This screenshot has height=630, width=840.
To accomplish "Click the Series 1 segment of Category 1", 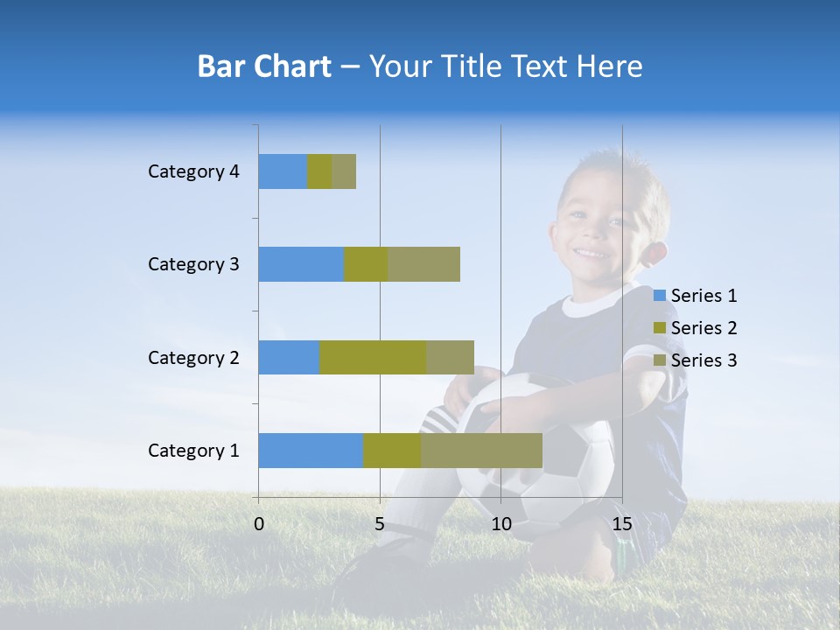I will [x=311, y=451].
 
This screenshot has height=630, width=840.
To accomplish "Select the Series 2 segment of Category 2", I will [x=373, y=357].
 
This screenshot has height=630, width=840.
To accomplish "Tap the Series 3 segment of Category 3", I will [x=423, y=264].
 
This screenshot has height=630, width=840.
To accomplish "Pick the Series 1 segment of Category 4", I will [x=283, y=171].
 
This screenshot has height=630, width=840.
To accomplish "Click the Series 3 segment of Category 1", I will [x=481, y=451].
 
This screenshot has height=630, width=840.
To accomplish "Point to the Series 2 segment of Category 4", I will [x=319, y=171].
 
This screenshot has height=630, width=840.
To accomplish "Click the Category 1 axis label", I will [x=193, y=451].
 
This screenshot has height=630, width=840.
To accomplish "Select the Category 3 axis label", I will [x=193, y=264].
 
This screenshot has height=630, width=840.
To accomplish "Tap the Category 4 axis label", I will [x=193, y=171].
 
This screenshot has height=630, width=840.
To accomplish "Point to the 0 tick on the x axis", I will [x=259, y=524].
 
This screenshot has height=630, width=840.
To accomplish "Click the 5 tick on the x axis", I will [x=380, y=524].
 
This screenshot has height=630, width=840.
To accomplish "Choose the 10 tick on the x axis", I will [x=500, y=524].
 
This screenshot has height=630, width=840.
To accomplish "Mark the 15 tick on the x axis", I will [x=621, y=524].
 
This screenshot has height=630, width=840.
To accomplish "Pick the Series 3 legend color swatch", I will [x=660, y=360].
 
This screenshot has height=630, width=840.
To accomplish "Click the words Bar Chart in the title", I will [x=264, y=66].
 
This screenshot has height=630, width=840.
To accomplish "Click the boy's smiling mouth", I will [x=593, y=253].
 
